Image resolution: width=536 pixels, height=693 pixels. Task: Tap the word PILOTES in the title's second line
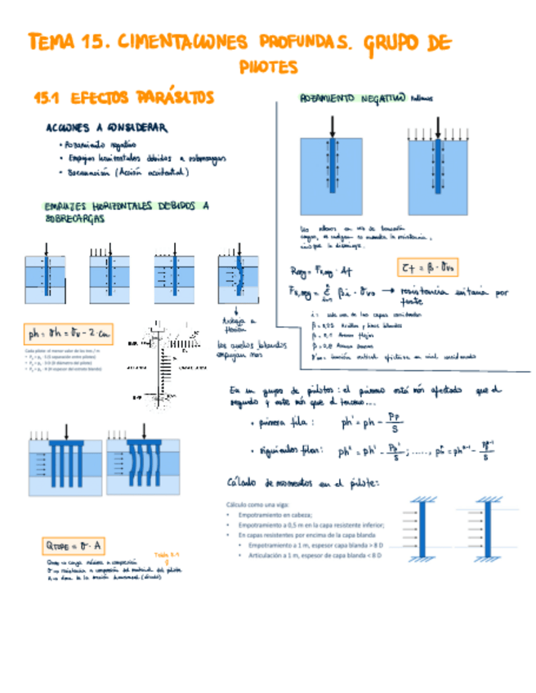269,68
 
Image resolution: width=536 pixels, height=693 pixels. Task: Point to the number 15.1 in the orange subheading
46,99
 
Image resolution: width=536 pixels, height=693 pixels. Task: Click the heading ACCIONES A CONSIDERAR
107,128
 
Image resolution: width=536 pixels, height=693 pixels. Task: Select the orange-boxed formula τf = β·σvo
430,267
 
